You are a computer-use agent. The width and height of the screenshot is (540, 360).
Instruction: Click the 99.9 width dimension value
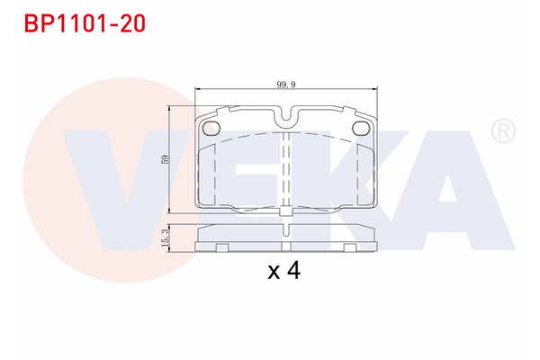286,84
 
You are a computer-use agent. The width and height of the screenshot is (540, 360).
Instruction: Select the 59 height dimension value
165,159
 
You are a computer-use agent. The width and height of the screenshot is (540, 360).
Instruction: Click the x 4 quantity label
283,271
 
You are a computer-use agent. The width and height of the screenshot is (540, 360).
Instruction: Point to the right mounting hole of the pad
360,127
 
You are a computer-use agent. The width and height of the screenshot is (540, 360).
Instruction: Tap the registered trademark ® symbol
501,132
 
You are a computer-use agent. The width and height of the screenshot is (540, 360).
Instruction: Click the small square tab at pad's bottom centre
285,212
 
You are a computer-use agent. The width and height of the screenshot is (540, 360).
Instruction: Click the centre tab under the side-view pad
285,245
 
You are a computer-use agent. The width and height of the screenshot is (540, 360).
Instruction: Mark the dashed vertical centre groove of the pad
285,171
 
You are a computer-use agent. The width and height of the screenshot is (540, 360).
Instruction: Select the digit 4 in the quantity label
293,271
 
